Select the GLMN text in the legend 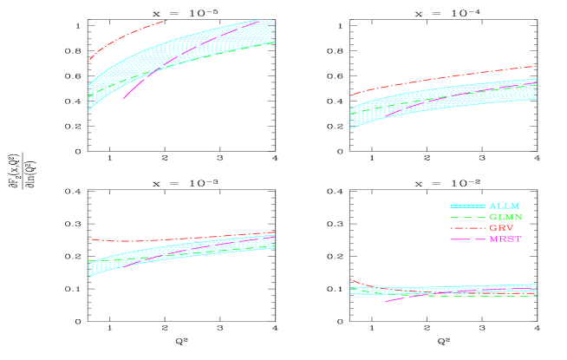[505, 217]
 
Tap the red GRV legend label [501, 228]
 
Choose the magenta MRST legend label [505, 239]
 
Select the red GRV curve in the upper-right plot [433, 79]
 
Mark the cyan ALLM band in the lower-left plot [173, 252]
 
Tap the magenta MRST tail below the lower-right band [394, 300]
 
